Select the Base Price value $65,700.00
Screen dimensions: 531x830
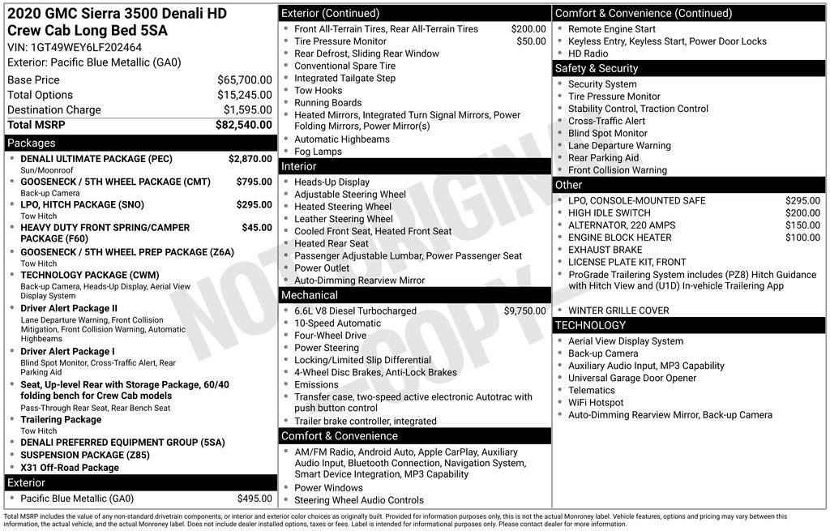click(244, 80)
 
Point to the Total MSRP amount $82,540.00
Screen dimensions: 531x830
click(243, 125)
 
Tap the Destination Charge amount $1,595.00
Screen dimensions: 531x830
click(247, 110)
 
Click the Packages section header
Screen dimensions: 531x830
click(32, 143)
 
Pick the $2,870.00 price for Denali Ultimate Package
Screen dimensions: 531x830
click(250, 159)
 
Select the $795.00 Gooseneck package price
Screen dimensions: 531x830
click(254, 182)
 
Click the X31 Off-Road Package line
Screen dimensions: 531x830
click(70, 468)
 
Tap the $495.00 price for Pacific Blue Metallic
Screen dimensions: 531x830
click(255, 499)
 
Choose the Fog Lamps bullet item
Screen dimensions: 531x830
click(318, 152)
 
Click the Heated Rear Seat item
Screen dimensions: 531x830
click(331, 243)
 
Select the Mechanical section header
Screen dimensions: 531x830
click(310, 295)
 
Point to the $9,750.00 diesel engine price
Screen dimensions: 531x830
click(524, 310)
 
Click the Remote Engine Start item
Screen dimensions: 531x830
click(612, 29)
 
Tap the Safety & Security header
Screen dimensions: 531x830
click(597, 69)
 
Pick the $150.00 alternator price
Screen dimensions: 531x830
click(802, 225)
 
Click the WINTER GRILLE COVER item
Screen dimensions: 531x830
click(618, 310)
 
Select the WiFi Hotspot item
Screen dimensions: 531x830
click(596, 402)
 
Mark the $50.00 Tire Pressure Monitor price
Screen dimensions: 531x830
click(531, 41)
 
